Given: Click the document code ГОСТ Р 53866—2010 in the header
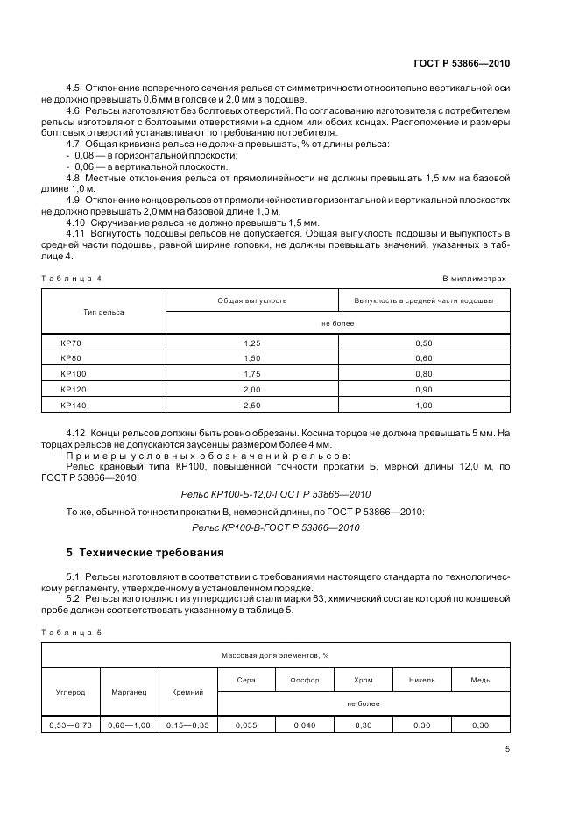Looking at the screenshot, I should (461, 63).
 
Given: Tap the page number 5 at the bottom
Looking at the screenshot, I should (507, 749).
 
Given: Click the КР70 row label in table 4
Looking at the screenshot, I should (70, 343).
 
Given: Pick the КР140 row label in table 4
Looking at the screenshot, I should (72, 405).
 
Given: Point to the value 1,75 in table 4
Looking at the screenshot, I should (251, 374).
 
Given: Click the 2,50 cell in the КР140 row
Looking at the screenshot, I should (251, 405).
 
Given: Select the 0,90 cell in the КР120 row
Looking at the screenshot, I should (423, 389).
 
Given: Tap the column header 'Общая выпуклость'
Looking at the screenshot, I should (251, 300).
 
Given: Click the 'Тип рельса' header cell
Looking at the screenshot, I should (103, 312).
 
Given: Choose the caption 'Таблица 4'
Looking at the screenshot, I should (72, 278).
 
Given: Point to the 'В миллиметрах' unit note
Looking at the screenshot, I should (474, 278).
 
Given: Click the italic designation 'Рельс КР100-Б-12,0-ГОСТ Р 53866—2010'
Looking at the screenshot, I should (275, 494).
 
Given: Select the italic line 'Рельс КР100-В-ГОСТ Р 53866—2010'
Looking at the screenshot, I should (275, 527).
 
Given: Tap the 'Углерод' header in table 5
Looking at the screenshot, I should (71, 691).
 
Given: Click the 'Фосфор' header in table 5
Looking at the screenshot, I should (305, 680).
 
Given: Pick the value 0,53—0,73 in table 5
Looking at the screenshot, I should (71, 725).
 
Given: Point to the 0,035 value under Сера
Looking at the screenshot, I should (246, 725).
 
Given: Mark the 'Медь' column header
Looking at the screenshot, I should (480, 680).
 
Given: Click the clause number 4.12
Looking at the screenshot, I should (78, 434).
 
